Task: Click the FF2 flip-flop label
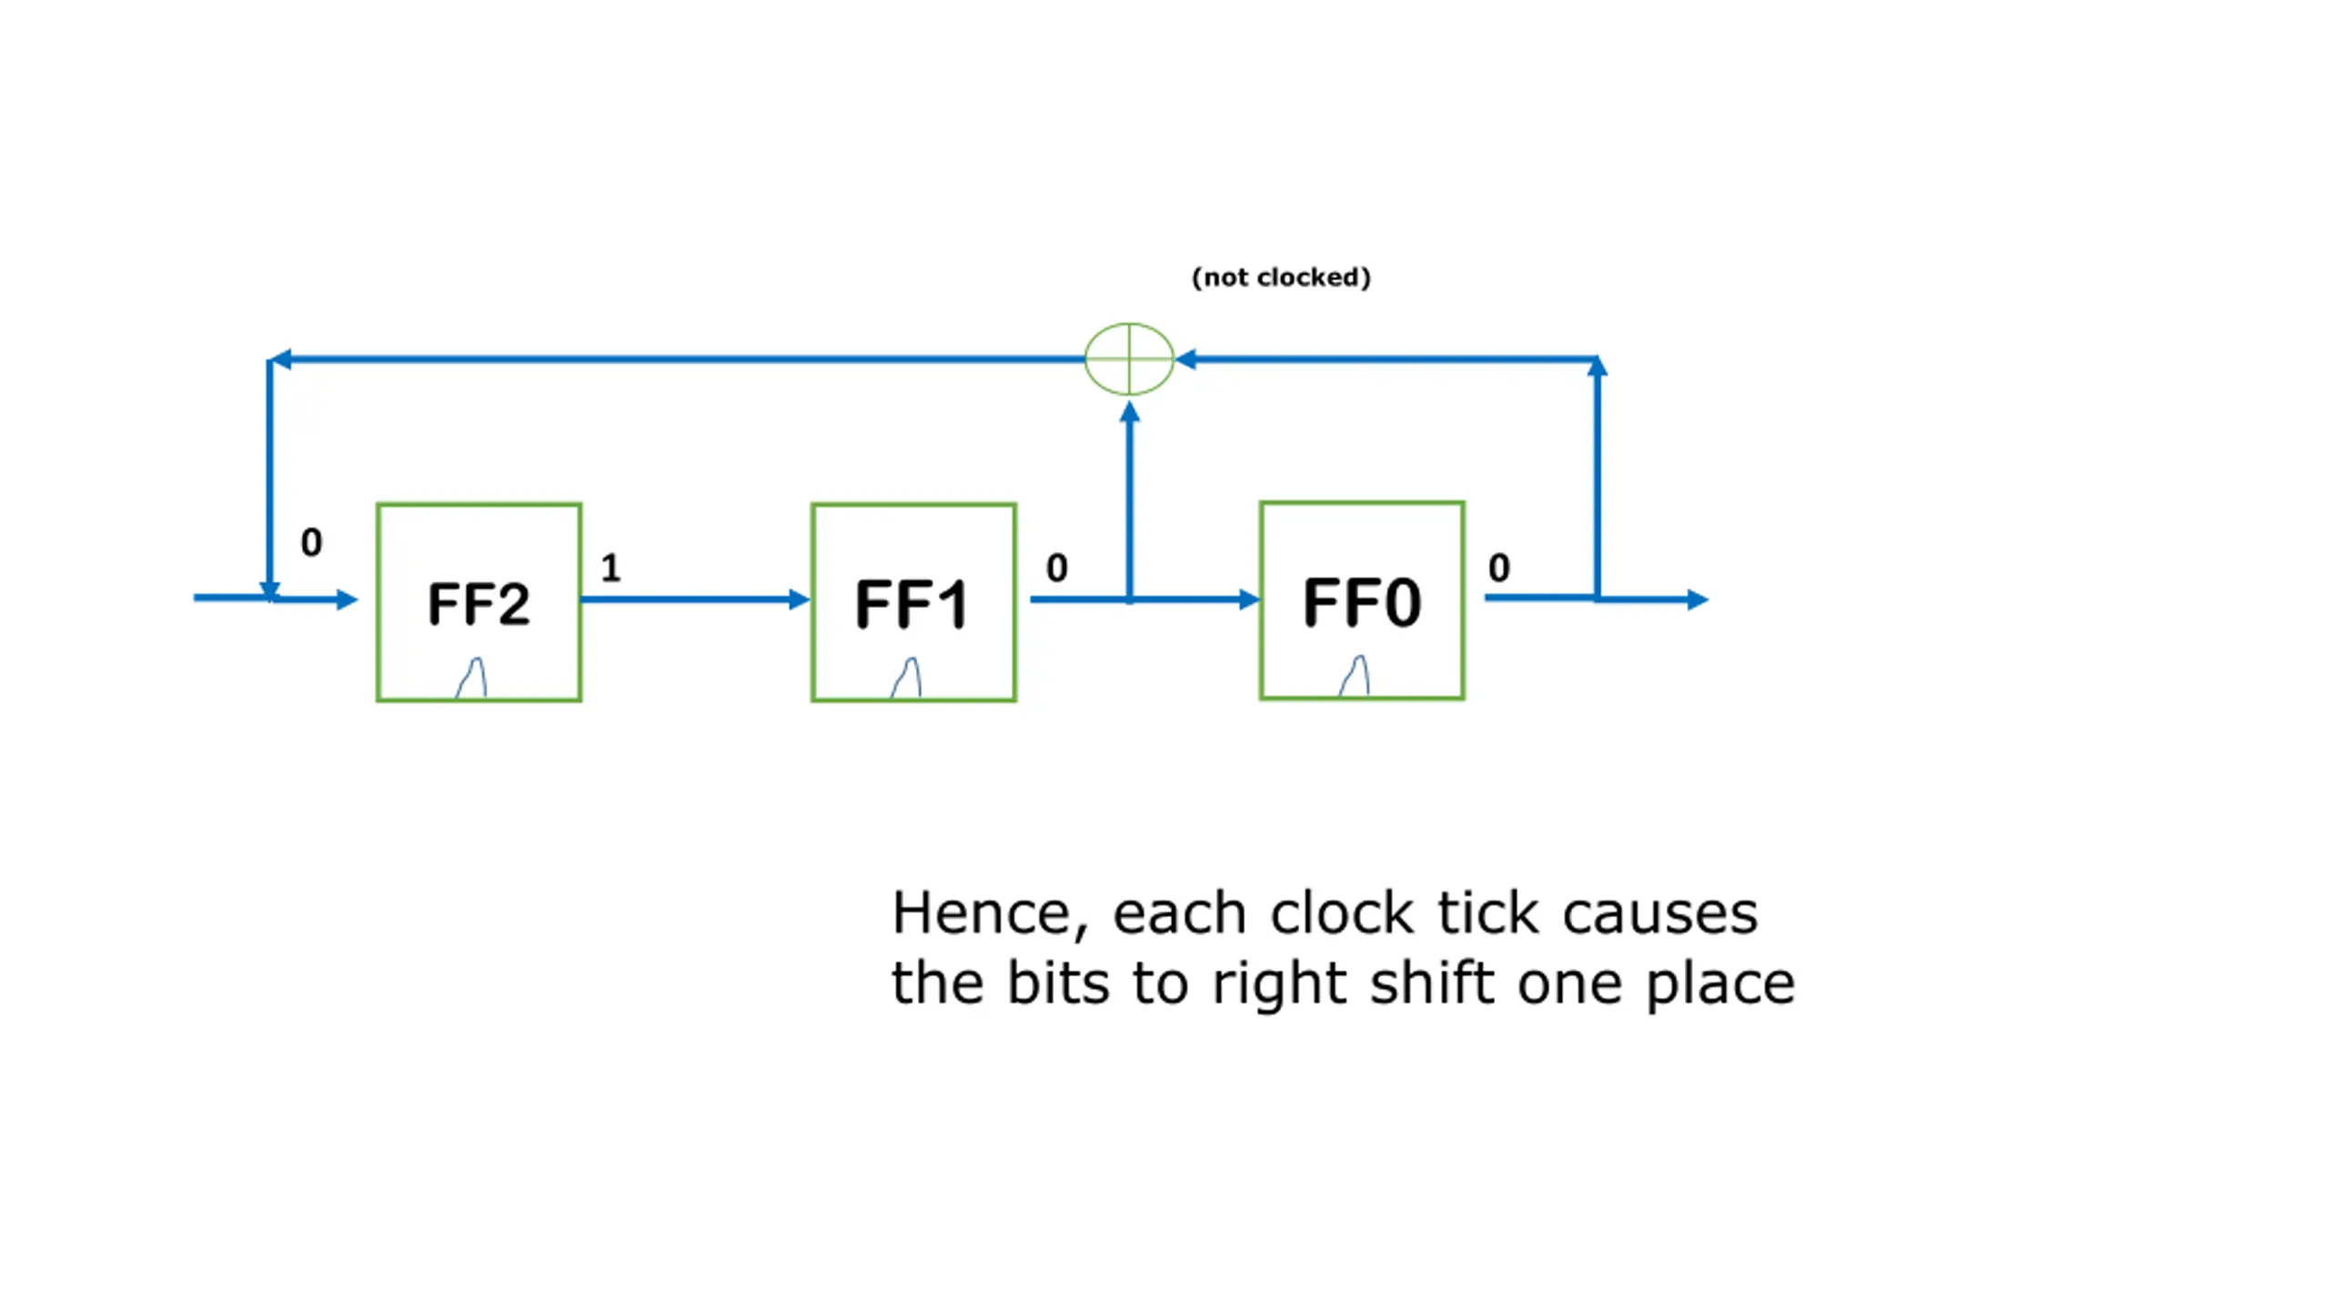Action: tap(479, 604)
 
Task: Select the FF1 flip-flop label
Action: tap(912, 604)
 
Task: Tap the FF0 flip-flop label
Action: tap(1361, 602)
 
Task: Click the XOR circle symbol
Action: tap(1129, 358)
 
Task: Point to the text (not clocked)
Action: tap(1281, 277)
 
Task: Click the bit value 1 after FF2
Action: tap(610, 568)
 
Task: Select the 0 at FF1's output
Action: tap(1056, 568)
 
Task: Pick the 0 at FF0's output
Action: tap(1499, 568)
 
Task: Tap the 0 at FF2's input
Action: tap(311, 542)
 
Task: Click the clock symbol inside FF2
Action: tap(471, 678)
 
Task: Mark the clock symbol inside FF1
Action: tap(906, 678)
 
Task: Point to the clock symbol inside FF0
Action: tap(1355, 676)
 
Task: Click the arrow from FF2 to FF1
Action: tap(695, 599)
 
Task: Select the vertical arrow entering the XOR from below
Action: tap(1129, 501)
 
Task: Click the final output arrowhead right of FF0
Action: tap(1698, 599)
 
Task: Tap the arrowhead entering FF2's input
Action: tap(347, 599)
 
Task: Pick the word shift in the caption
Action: tap(1432, 982)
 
